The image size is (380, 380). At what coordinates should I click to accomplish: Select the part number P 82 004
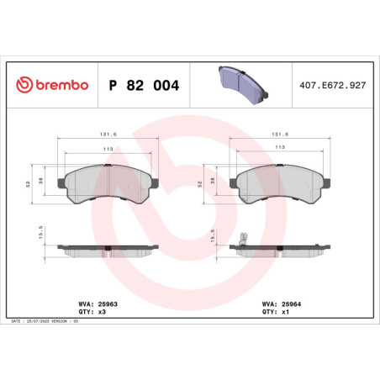145,85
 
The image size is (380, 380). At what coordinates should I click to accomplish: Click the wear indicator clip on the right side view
241,239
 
